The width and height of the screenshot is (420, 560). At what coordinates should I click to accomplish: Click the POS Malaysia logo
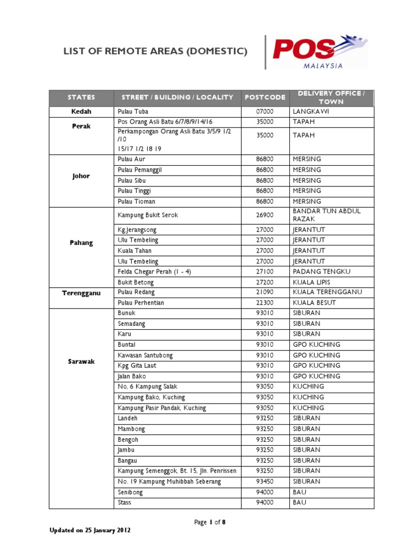[319, 52]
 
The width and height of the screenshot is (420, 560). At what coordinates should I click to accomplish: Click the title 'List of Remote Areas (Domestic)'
[155, 52]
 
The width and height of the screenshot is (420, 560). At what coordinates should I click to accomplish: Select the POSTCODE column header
[265, 97]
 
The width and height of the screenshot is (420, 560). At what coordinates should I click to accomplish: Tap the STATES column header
[81, 97]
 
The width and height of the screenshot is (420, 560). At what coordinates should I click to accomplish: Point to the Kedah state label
[81, 112]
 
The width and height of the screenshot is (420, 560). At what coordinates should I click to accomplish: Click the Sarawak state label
[81, 361]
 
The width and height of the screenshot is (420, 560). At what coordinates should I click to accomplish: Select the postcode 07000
[265, 112]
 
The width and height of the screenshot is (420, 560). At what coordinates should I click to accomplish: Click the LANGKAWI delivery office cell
[311, 112]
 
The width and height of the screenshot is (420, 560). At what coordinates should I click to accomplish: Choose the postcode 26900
[265, 215]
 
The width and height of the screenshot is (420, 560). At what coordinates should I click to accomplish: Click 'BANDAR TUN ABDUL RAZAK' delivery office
[326, 215]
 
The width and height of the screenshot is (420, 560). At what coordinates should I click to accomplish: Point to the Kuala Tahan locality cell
[135, 250]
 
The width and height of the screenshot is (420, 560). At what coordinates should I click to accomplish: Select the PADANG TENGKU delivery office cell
[322, 272]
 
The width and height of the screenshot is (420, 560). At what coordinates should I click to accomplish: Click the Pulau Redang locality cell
[135, 293]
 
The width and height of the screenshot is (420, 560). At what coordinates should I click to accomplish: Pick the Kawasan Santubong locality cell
[145, 355]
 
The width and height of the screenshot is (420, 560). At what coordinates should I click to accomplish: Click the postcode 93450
[265, 482]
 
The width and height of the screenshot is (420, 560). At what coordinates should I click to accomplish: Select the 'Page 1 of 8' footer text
[210, 522]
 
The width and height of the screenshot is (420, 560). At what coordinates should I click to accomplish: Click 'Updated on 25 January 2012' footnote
[90, 530]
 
